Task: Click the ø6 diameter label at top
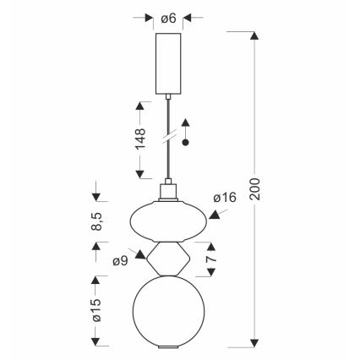click(x=168, y=19)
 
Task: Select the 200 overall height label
click(x=255, y=188)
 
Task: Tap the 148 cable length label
click(x=140, y=139)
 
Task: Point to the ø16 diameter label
click(x=225, y=198)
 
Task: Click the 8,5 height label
click(x=96, y=221)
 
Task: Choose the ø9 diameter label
click(x=120, y=261)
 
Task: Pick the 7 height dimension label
click(x=211, y=259)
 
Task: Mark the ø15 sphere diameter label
click(x=96, y=309)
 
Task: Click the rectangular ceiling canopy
click(x=168, y=63)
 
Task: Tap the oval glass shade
click(x=168, y=221)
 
